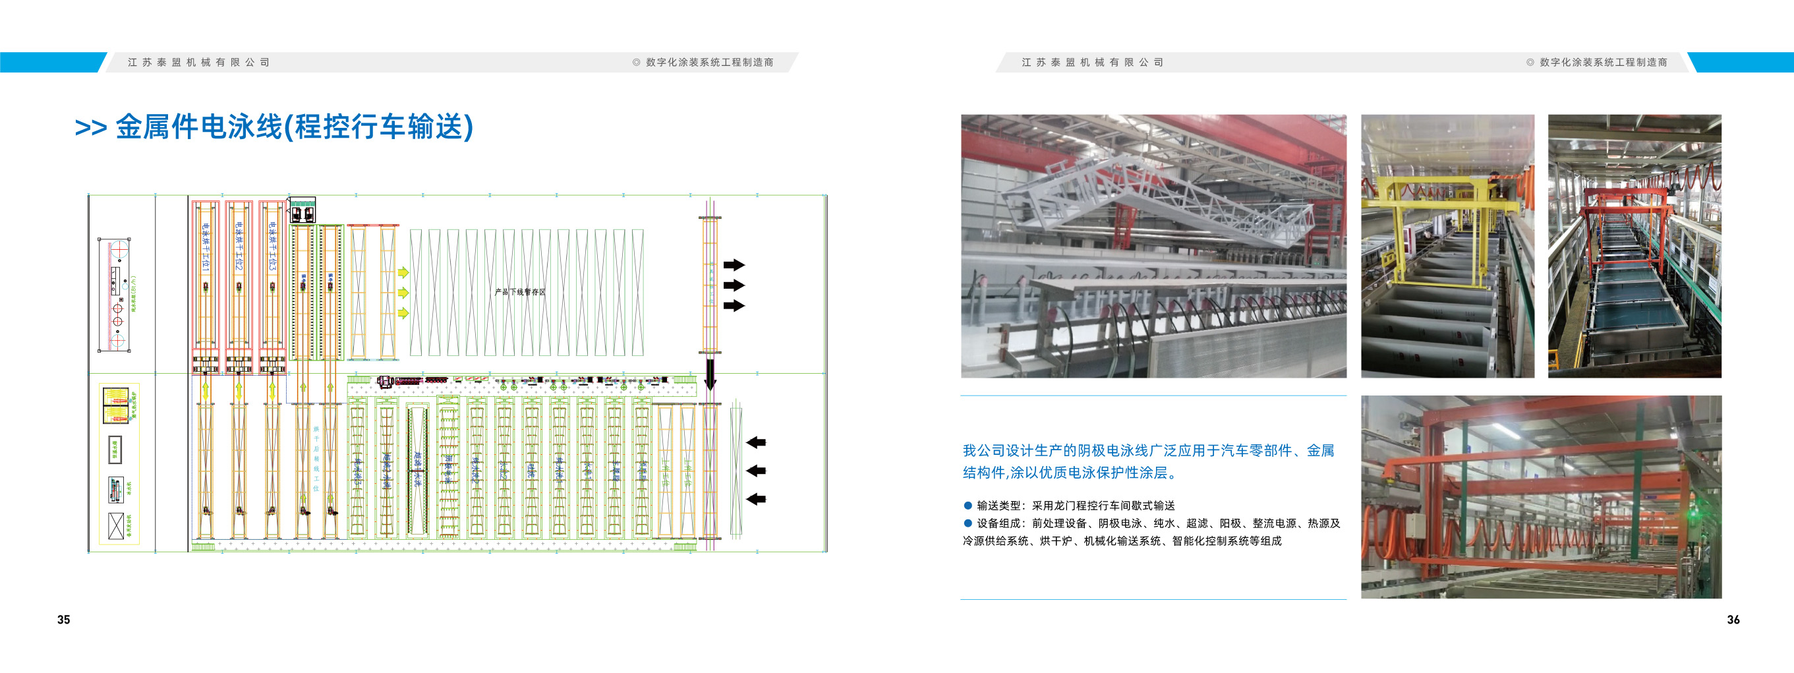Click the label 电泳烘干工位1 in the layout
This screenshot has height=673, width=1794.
[206, 247]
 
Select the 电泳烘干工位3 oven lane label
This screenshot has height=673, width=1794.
[272, 247]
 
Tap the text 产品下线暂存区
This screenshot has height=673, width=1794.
[519, 292]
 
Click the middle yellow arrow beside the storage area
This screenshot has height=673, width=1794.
[403, 293]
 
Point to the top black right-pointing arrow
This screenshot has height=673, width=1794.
[734, 265]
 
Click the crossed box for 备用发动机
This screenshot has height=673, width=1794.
[115, 525]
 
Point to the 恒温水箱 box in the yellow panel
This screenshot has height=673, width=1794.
[115, 450]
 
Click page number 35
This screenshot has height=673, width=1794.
[63, 620]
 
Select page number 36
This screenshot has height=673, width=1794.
[1733, 620]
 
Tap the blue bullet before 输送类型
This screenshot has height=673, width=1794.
[968, 505]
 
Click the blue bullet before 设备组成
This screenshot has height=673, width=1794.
[968, 523]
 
